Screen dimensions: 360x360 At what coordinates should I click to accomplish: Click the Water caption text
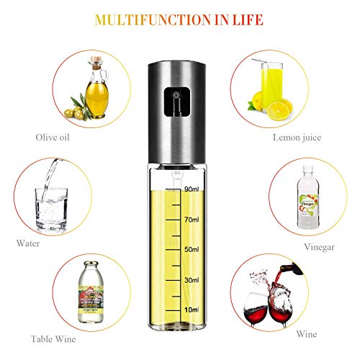[30, 243]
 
